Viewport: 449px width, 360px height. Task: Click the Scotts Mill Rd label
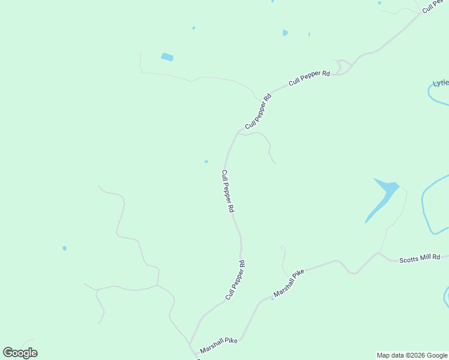(x=420, y=257)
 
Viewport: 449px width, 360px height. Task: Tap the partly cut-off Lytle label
(x=441, y=83)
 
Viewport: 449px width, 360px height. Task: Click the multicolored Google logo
(x=20, y=353)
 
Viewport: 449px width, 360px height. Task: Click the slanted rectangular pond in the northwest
(x=167, y=57)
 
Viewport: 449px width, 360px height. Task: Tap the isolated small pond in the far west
(x=64, y=248)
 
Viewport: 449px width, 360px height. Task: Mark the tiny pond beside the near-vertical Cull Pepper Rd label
(x=206, y=161)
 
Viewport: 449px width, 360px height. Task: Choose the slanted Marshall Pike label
(x=289, y=283)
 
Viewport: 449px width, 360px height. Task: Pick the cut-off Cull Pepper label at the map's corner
(x=435, y=6)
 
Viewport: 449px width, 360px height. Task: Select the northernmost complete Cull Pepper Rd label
(x=310, y=79)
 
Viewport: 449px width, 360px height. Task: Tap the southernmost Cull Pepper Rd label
(x=235, y=280)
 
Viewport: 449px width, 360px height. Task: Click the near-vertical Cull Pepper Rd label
(x=227, y=191)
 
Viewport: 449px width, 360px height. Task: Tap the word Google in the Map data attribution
(x=437, y=355)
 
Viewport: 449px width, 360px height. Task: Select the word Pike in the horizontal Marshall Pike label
(x=230, y=341)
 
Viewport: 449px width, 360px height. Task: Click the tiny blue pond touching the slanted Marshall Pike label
(x=272, y=298)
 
